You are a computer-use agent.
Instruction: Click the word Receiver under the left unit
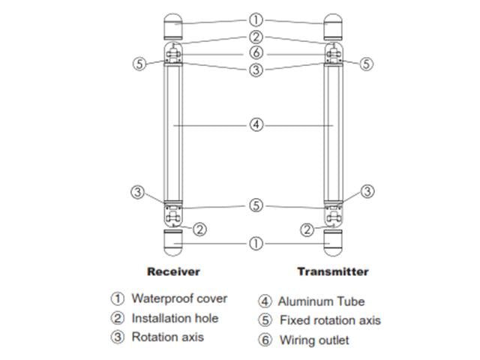point(173,271)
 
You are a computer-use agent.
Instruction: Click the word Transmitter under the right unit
point(333,271)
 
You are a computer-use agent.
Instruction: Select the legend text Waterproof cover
point(179,298)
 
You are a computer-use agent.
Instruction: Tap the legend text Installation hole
point(175,318)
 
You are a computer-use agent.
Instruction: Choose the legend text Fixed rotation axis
point(330,320)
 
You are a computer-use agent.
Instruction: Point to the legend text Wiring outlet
point(314,340)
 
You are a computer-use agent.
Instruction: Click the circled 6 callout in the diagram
point(256,53)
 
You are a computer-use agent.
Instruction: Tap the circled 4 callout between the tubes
point(256,124)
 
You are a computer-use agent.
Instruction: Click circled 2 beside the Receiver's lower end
point(199,229)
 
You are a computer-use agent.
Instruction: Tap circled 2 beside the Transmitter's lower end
point(307,229)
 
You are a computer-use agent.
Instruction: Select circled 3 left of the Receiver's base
point(137,191)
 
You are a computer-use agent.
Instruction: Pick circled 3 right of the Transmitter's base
point(367,191)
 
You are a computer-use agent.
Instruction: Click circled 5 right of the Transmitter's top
point(366,64)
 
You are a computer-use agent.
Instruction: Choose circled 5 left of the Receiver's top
point(139,64)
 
